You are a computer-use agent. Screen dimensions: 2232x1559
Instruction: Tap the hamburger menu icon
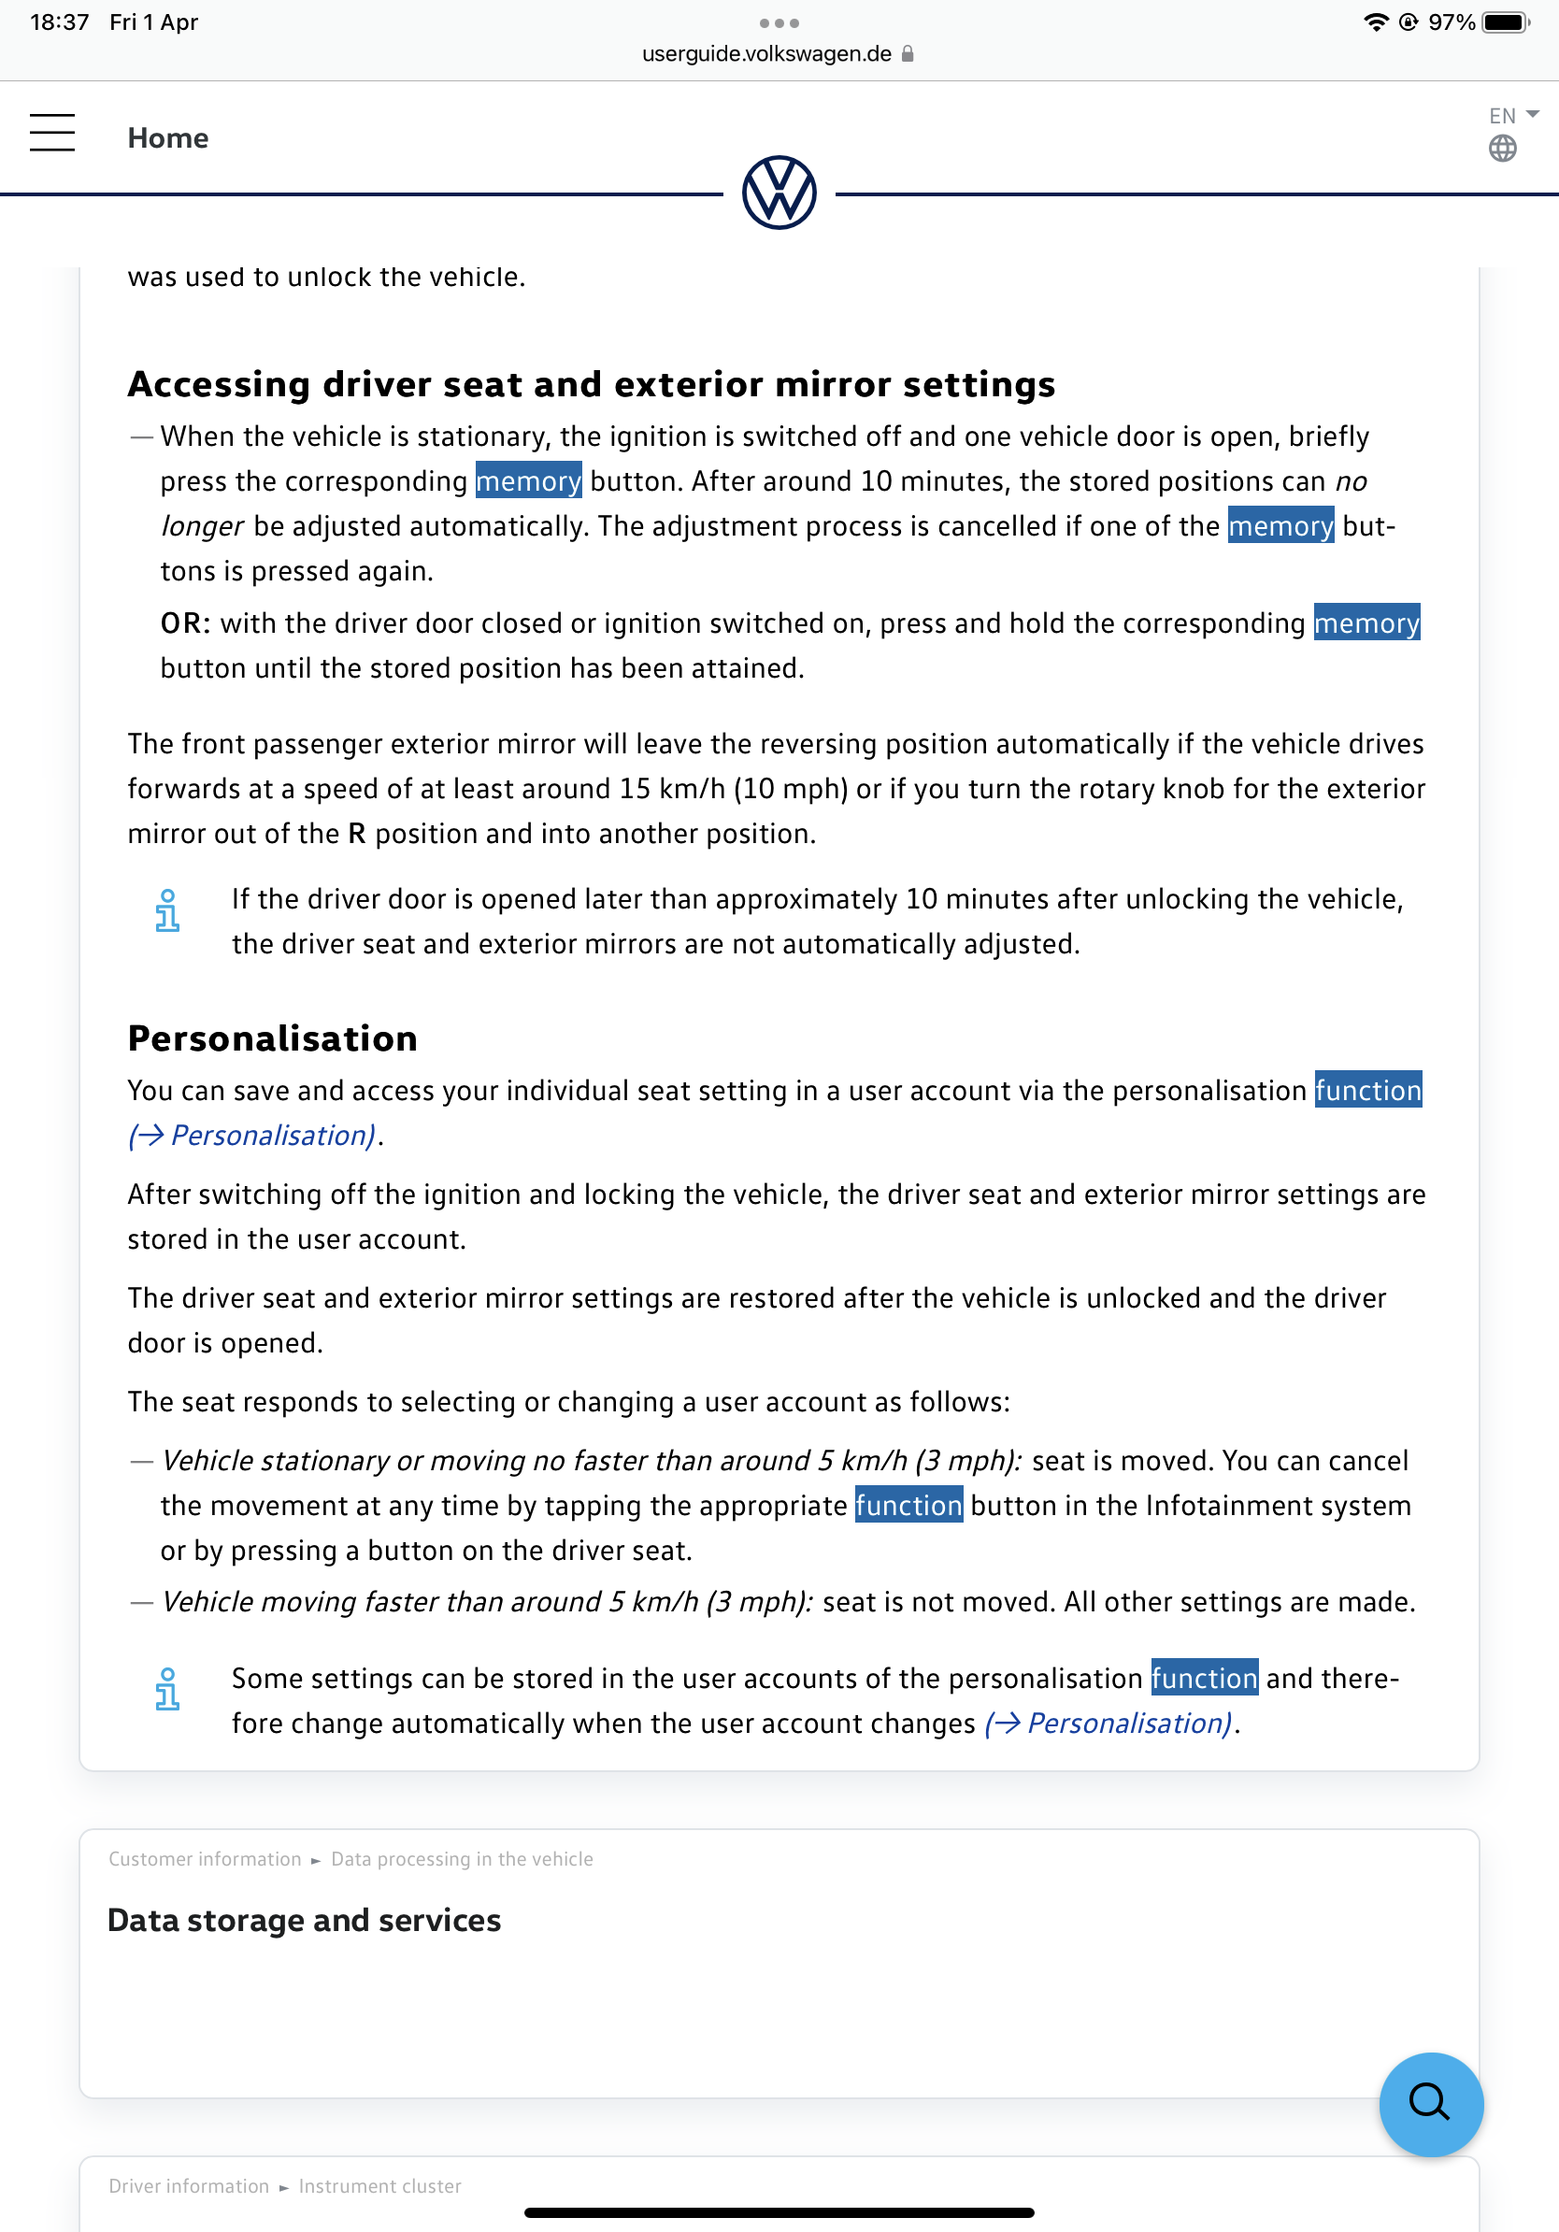pos(52,132)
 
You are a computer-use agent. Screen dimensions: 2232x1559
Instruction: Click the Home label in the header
pos(168,138)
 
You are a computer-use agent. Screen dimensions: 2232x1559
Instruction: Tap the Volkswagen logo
pos(779,193)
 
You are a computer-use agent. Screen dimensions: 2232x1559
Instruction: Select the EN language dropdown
pos(1512,116)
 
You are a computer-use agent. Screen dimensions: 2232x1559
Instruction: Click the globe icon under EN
pos(1502,149)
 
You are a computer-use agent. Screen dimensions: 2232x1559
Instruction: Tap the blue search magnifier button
pos(1430,2104)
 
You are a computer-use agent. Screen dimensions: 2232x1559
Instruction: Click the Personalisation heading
pos(272,1038)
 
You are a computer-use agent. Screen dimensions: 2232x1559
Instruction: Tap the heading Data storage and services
pos(304,1920)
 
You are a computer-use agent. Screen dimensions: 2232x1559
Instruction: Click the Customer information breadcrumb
pos(205,1859)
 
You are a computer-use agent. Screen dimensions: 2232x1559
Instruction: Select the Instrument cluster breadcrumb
pos(380,2185)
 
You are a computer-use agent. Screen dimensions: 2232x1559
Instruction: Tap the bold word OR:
pos(185,623)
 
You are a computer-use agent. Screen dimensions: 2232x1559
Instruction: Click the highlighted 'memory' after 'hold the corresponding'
pos(1366,623)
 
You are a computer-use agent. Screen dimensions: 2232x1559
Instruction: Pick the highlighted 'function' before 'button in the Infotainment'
pos(908,1505)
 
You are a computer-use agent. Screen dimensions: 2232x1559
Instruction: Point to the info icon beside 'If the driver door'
pos(167,911)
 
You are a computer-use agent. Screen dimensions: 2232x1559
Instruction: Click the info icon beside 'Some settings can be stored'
pos(167,1690)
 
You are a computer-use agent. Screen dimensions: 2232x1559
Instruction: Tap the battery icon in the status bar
pos(1505,22)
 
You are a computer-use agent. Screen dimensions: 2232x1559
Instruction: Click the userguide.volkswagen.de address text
pos(765,54)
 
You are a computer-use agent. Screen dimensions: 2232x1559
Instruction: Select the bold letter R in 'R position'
pos(357,834)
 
